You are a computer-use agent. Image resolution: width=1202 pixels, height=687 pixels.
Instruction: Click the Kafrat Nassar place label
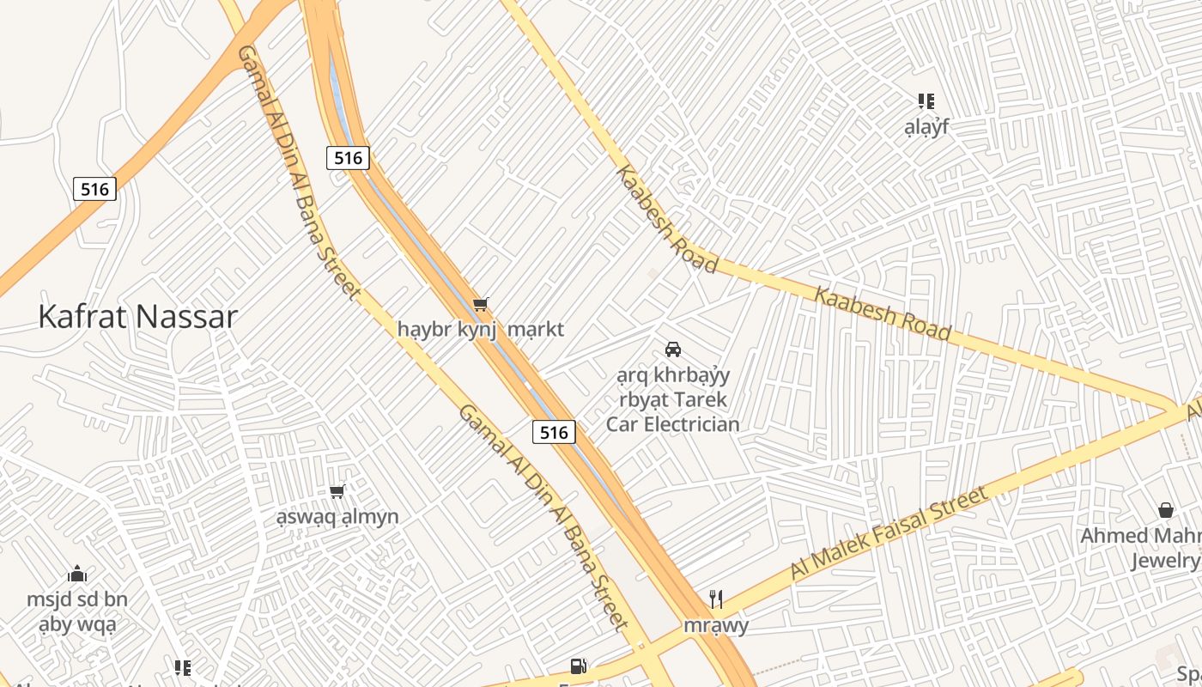pyautogui.click(x=137, y=317)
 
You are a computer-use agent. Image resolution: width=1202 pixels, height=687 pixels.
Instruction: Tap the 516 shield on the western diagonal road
pyautogui.click(x=94, y=189)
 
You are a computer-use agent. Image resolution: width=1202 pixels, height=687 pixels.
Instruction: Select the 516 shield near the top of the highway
pyautogui.click(x=348, y=157)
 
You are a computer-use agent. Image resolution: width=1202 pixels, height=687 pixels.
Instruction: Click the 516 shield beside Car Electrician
pyautogui.click(x=554, y=432)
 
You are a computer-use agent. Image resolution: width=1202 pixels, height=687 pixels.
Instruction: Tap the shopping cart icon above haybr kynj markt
pyautogui.click(x=481, y=304)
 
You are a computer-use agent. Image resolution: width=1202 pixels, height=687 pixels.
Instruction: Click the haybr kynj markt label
pyautogui.click(x=481, y=329)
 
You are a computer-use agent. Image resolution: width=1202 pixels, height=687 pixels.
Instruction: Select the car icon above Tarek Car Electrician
pyautogui.click(x=673, y=350)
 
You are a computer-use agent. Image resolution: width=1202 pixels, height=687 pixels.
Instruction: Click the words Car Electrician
pyautogui.click(x=673, y=424)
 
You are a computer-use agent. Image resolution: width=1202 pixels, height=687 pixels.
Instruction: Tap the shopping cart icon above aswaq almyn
pyautogui.click(x=337, y=491)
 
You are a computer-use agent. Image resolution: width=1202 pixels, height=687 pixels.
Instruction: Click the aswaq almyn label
pyautogui.click(x=337, y=517)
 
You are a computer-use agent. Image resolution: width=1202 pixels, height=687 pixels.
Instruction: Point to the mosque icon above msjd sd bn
pyautogui.click(x=77, y=574)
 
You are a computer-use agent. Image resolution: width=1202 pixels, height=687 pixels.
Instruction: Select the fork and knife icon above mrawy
pyautogui.click(x=716, y=599)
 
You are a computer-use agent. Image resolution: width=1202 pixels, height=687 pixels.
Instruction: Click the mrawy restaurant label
pyautogui.click(x=716, y=625)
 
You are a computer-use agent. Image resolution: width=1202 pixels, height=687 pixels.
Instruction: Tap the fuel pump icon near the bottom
pyautogui.click(x=579, y=666)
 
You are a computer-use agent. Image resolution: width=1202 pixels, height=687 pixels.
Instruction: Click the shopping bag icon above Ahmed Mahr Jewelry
pyautogui.click(x=1165, y=510)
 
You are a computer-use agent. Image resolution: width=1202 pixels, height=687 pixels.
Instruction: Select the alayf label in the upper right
pyautogui.click(x=926, y=128)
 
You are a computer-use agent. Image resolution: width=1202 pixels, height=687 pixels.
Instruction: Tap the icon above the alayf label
pyautogui.click(x=926, y=101)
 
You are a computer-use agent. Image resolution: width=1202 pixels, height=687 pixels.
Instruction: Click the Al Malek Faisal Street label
pyautogui.click(x=889, y=533)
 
